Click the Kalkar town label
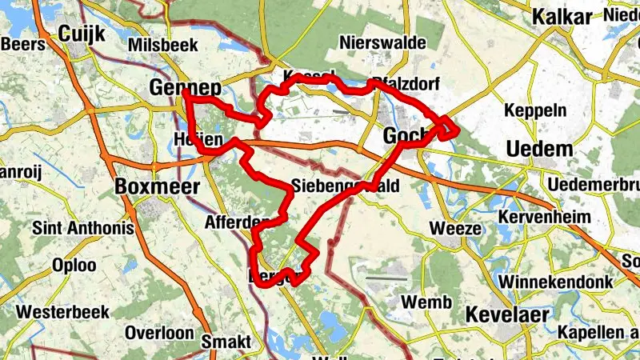562,18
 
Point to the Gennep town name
185,87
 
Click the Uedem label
540,149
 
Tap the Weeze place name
455,228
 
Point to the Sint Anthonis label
82,228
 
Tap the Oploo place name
74,265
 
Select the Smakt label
226,342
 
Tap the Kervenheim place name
544,217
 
